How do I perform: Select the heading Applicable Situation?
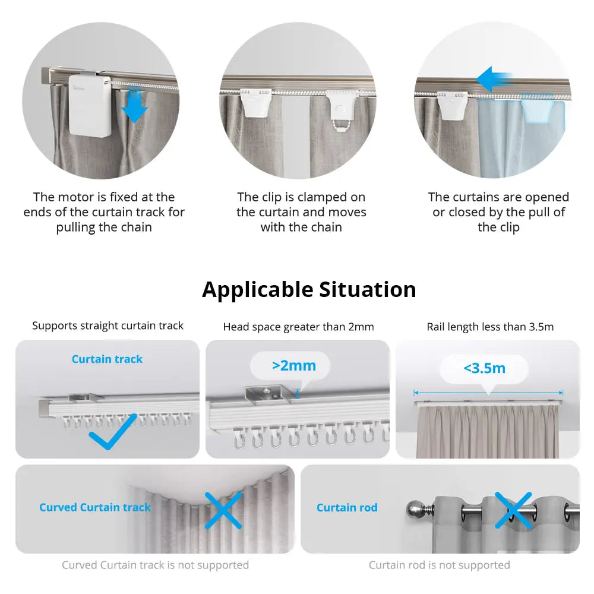click(309, 289)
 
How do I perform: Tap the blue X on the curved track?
click(223, 510)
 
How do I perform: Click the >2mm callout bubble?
click(293, 365)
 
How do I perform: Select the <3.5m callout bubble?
click(484, 368)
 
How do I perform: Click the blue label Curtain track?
click(107, 359)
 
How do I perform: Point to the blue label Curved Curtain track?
click(95, 507)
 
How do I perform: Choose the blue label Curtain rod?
click(347, 507)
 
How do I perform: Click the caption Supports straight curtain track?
click(108, 326)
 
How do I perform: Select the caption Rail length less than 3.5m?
click(490, 327)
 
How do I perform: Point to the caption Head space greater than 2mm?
click(298, 327)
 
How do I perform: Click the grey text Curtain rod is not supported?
click(439, 565)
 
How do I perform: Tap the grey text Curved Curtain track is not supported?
click(155, 565)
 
